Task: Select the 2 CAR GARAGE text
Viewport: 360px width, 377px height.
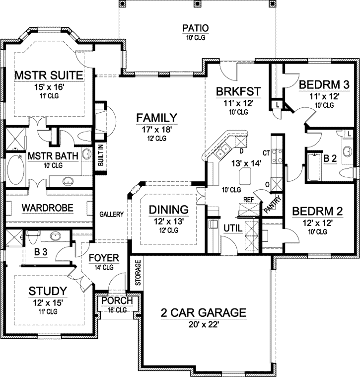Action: click(x=203, y=312)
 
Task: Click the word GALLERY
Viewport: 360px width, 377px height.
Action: click(x=111, y=214)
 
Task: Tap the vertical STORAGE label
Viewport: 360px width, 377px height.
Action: click(x=138, y=274)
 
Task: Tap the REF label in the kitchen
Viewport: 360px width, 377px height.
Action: click(x=249, y=199)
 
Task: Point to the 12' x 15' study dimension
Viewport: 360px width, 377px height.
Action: click(x=48, y=302)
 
